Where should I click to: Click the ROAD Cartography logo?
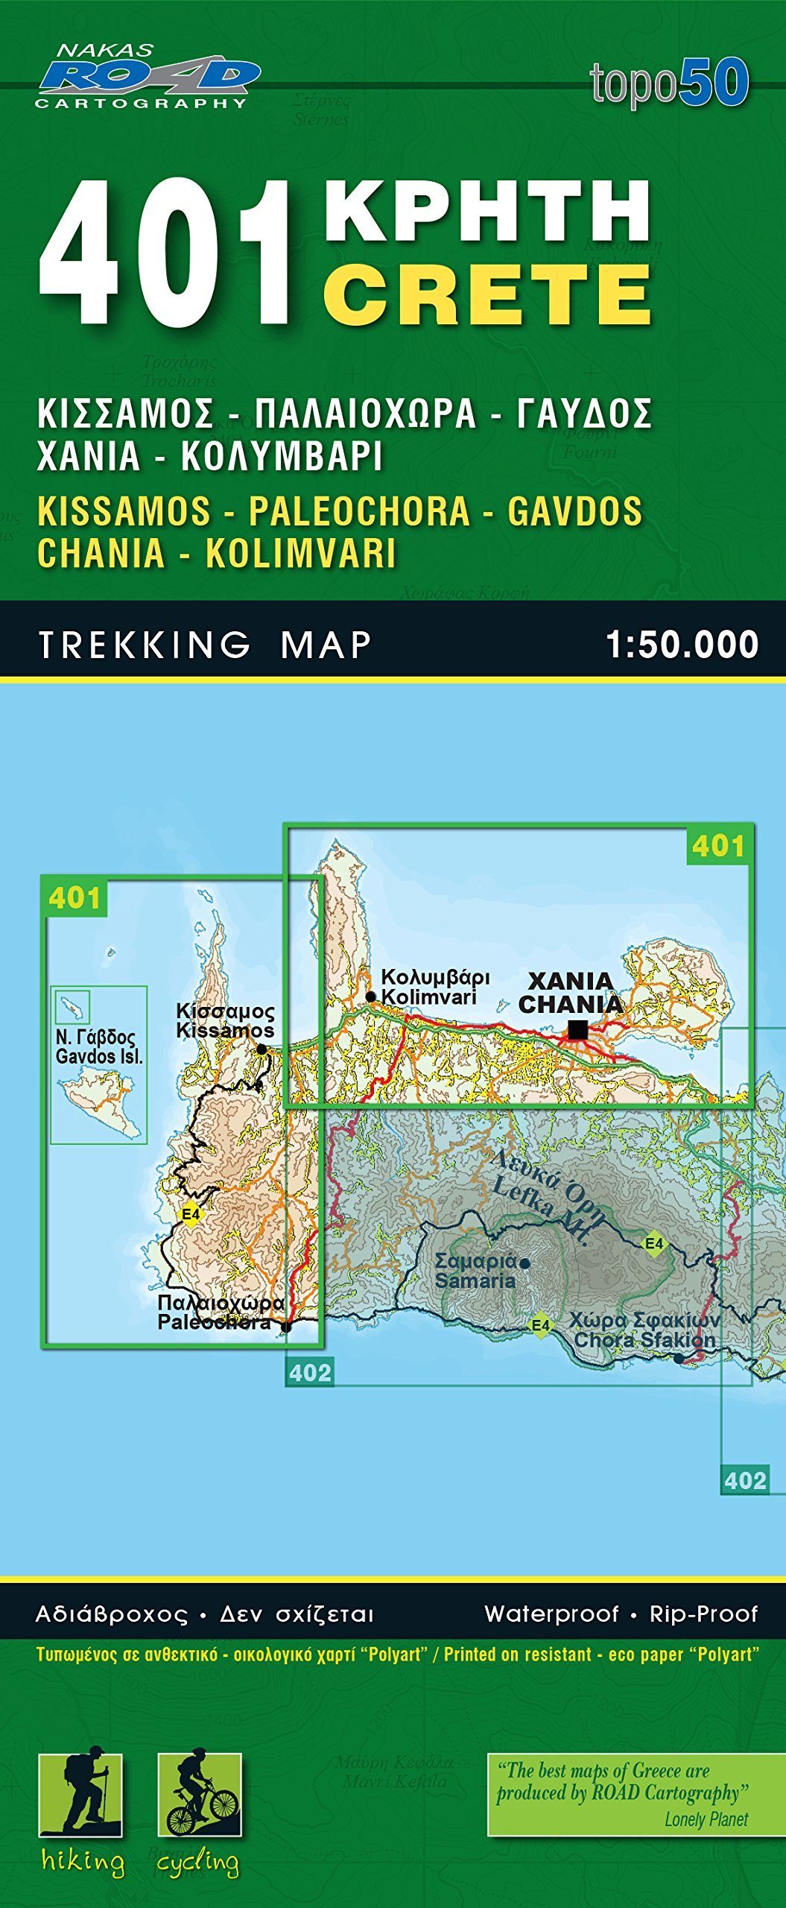click(x=147, y=77)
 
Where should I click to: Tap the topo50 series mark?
click(x=669, y=83)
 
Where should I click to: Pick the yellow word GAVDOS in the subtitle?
click(x=574, y=511)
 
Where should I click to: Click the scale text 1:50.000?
click(x=682, y=645)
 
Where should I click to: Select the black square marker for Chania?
click(x=577, y=1029)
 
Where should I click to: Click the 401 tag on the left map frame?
click(x=75, y=898)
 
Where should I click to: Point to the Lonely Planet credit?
click(x=706, y=1819)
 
